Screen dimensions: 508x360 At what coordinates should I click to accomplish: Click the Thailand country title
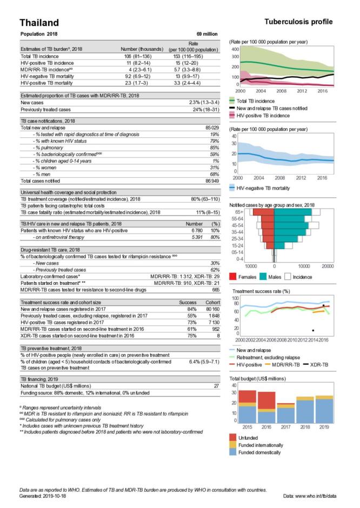pyautogui.click(x=39, y=22)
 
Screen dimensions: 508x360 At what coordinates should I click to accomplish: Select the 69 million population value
pyautogui.click(x=207, y=34)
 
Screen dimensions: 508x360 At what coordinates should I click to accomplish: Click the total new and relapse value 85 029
pyautogui.click(x=210, y=128)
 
